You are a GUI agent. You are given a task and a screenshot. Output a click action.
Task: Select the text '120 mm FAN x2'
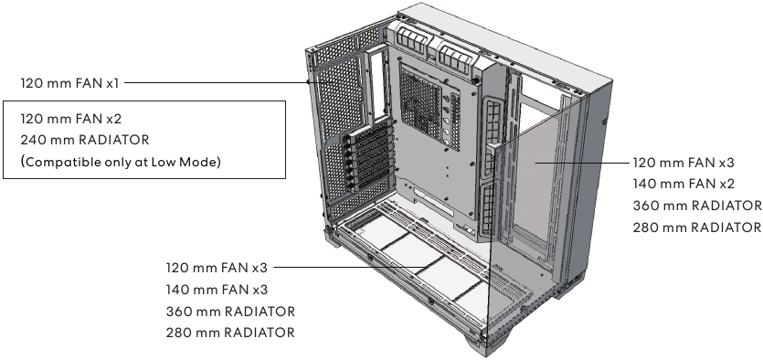click(x=69, y=120)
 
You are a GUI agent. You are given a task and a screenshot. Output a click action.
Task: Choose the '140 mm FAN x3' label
click(x=217, y=290)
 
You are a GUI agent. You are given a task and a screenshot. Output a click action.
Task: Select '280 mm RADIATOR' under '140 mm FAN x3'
click(x=230, y=333)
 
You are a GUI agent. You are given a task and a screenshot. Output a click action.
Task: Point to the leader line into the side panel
click(x=585, y=162)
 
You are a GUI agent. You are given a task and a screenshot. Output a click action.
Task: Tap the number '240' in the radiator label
click(x=31, y=140)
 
